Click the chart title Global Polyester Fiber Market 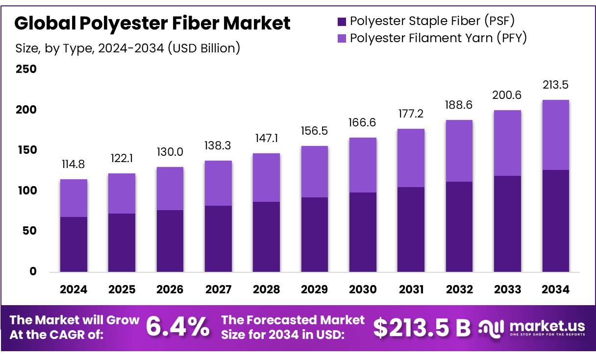[x=152, y=23]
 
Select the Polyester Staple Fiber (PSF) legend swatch [x=341, y=22]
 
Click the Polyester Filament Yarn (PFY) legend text [x=438, y=38]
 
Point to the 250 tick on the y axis [x=26, y=69]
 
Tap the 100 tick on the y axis [x=26, y=191]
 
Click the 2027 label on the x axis [x=218, y=289]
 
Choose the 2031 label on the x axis [x=411, y=289]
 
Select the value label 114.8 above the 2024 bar [x=74, y=165]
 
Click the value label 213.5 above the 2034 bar [x=555, y=85]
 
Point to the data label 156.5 [x=314, y=131]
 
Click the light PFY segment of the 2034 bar [x=555, y=135]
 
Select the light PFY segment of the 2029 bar [x=314, y=171]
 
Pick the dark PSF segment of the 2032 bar [x=459, y=226]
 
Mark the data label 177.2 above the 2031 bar [x=411, y=114]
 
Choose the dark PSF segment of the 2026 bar [x=170, y=240]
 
